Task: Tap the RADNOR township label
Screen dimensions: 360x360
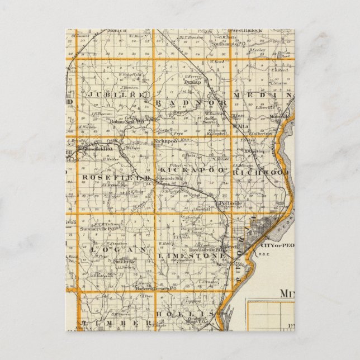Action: [x=192, y=103]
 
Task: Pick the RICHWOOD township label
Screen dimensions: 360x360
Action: [x=262, y=173]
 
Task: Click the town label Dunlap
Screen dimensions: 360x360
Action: [x=192, y=82]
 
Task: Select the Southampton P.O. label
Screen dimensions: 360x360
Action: [x=229, y=44]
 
